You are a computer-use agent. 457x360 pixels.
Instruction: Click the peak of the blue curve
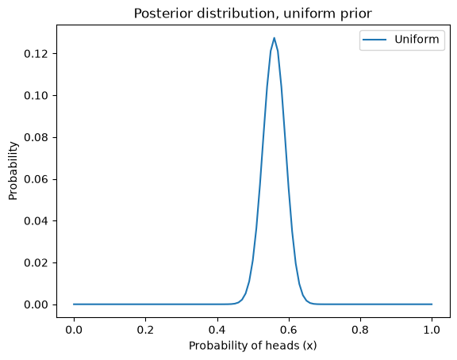(x=274, y=38)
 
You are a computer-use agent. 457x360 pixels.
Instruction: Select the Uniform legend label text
(x=417, y=40)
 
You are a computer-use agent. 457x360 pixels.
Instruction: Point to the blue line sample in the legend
(x=374, y=40)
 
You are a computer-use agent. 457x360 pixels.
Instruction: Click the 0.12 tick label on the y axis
(x=36, y=54)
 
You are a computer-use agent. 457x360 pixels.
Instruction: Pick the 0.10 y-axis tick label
(x=36, y=95)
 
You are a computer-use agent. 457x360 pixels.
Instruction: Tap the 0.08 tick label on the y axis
(x=36, y=137)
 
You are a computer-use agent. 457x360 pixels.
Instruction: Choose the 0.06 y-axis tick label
(x=36, y=179)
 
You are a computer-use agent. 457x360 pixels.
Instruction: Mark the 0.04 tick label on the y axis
(x=36, y=221)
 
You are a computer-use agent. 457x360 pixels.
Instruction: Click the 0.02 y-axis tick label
(x=36, y=262)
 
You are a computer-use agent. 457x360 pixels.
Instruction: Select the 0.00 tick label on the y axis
(x=36, y=304)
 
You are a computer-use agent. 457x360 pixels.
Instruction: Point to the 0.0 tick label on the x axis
(x=74, y=330)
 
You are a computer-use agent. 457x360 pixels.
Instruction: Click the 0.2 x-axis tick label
(x=145, y=330)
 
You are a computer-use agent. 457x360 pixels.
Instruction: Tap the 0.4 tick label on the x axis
(x=217, y=330)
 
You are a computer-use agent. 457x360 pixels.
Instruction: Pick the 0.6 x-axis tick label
(x=289, y=330)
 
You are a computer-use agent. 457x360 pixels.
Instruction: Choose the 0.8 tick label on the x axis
(x=360, y=330)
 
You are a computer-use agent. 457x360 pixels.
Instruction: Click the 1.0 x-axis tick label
(x=432, y=330)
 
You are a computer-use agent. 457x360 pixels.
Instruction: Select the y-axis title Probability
(x=13, y=171)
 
